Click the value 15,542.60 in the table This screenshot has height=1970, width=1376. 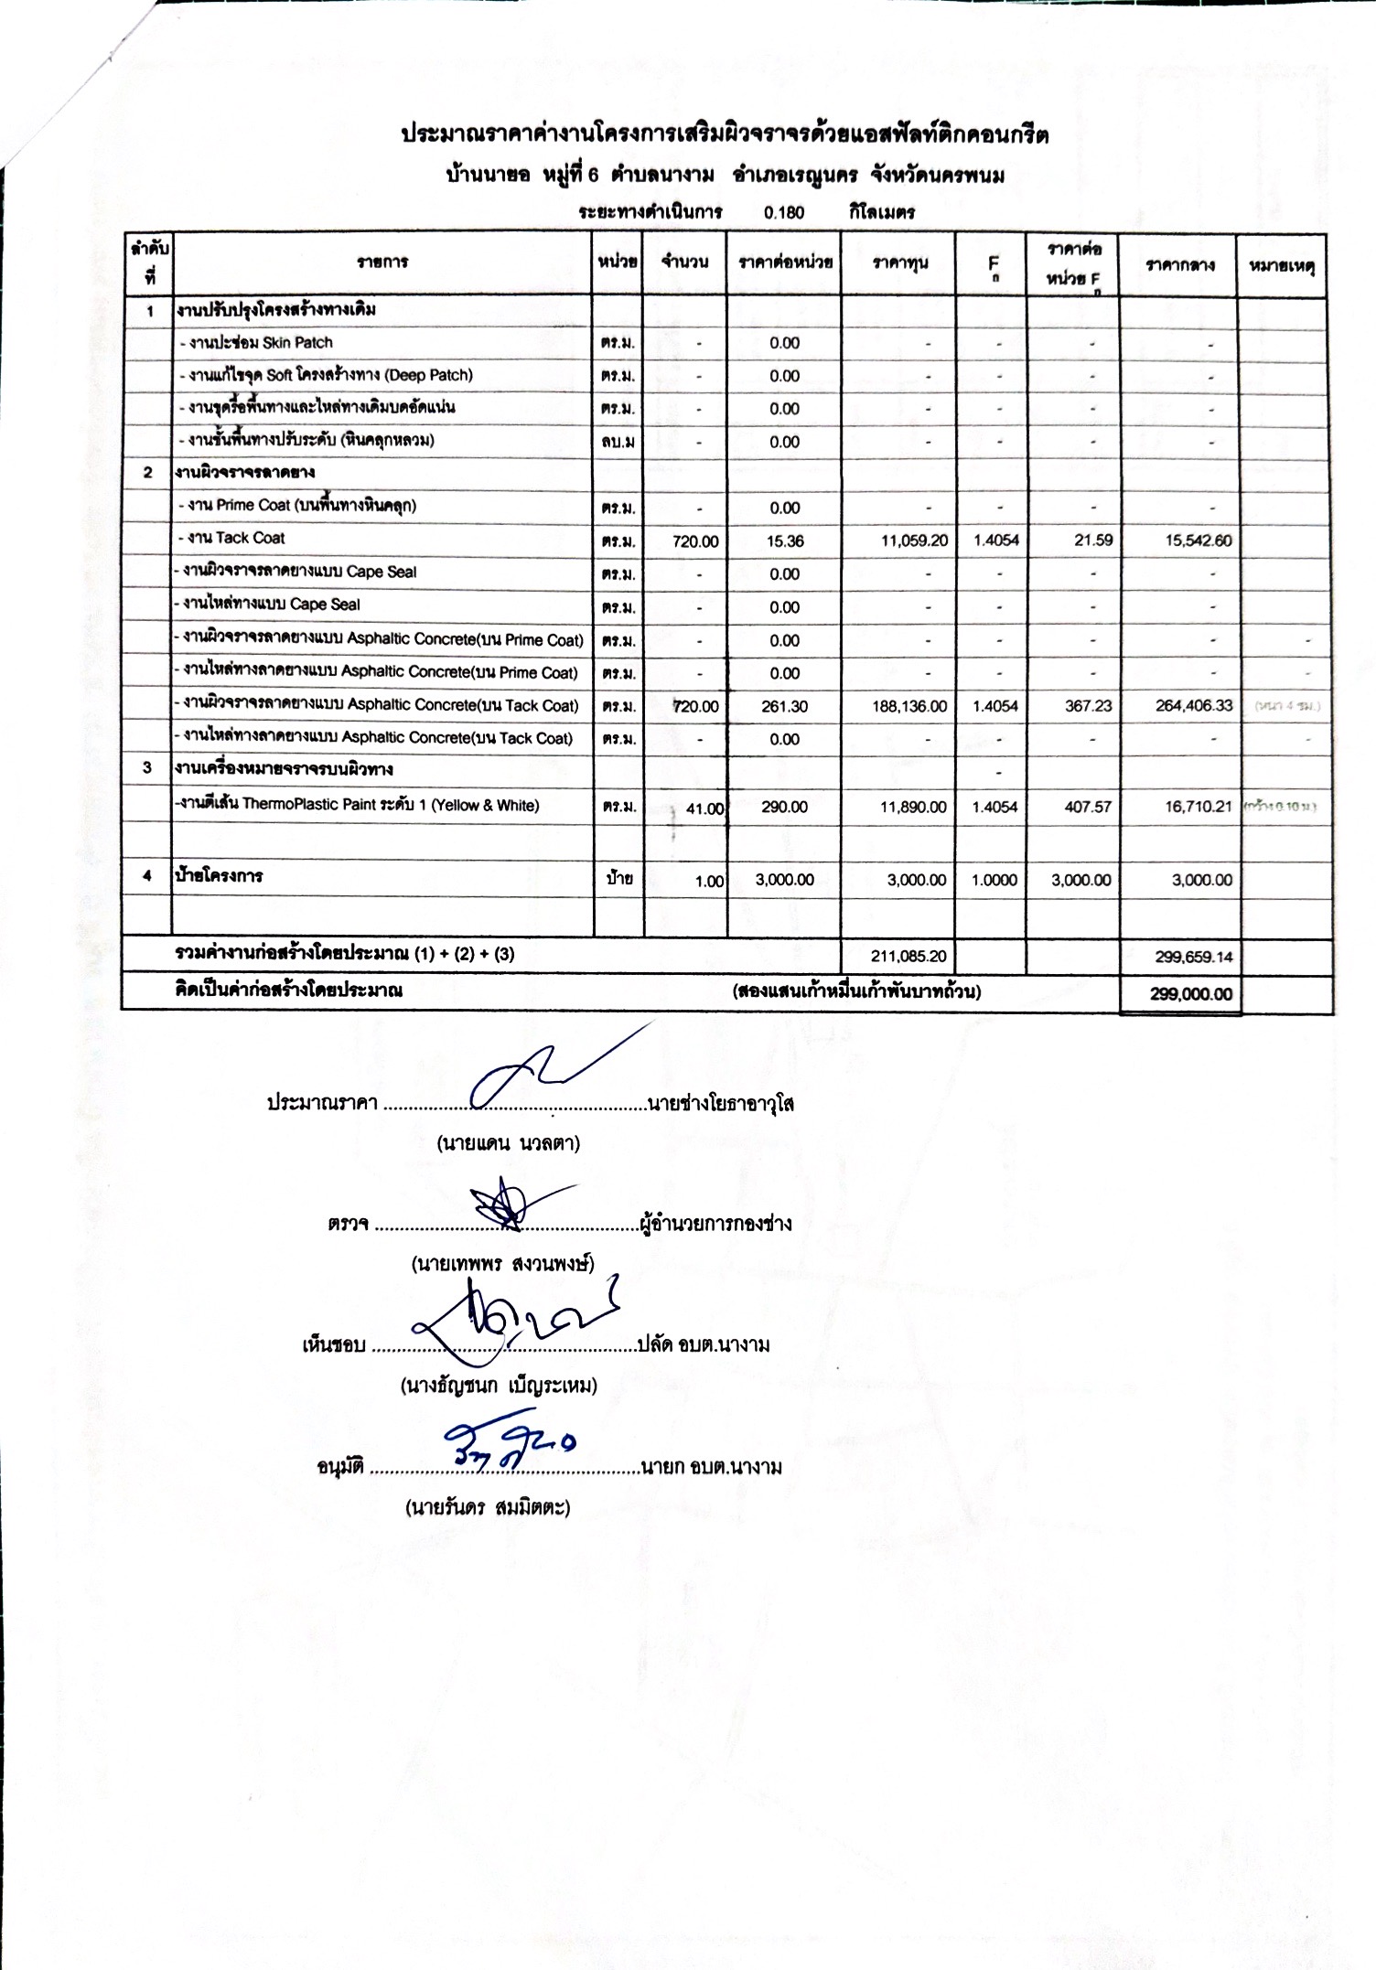point(1198,541)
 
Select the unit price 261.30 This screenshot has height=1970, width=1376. point(784,706)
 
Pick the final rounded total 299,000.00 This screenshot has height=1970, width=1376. point(1191,994)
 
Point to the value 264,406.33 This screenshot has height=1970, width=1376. point(1194,705)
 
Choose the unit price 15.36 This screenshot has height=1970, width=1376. point(785,541)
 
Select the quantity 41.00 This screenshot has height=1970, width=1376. point(704,808)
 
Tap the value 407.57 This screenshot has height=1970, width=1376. point(1088,807)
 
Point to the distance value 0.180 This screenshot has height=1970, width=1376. point(784,213)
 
